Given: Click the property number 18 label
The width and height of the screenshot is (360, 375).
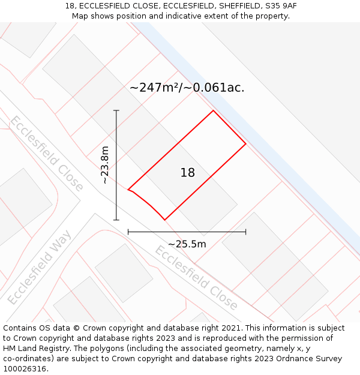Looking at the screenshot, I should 188,173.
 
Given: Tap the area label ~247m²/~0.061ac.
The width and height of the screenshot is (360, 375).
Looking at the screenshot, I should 187,88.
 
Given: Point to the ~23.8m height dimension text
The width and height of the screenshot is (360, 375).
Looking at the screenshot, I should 105,165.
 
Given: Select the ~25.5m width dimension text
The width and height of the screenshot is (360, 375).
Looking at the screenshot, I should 187,244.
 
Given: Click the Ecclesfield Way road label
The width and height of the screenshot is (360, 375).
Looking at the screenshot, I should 40,266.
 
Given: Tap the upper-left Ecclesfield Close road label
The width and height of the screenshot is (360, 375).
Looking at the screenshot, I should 46,153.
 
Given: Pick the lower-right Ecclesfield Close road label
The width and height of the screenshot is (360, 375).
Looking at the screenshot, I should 196,277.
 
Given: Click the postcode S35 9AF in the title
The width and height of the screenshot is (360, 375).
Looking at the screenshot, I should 281,6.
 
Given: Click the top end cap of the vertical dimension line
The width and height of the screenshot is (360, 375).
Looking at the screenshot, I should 116,110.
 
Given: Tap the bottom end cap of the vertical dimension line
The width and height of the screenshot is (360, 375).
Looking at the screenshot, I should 116,220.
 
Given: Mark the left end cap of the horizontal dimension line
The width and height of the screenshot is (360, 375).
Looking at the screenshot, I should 128,232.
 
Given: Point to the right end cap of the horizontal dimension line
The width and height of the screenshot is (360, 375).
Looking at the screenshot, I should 246,232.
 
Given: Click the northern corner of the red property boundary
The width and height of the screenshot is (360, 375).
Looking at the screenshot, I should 213,110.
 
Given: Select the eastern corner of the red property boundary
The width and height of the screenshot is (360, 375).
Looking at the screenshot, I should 246,144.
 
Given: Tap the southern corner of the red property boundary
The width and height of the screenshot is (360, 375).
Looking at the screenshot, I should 164,220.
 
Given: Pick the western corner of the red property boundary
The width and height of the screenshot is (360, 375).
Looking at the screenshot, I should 128,190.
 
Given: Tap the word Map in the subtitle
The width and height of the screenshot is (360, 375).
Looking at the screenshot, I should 81,16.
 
